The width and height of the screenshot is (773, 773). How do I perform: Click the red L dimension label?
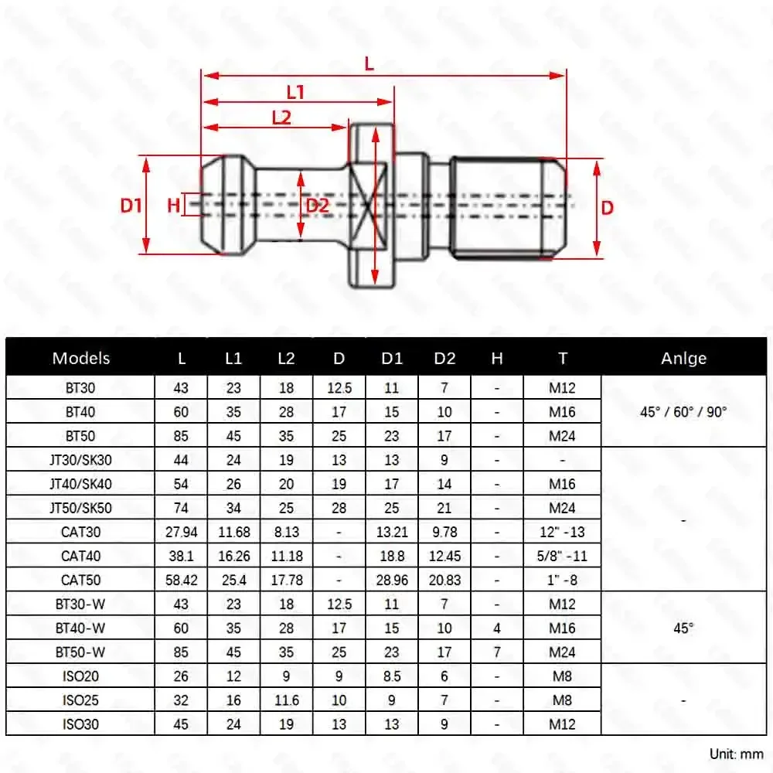[369, 65]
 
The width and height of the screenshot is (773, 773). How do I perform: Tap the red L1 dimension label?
[295, 92]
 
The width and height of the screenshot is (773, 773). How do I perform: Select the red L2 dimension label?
[281, 117]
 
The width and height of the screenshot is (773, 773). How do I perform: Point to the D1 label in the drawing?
[131, 205]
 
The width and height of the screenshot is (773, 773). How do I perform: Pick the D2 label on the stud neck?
[317, 206]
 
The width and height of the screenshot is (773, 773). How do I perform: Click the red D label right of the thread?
[608, 207]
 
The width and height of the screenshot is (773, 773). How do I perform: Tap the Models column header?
[81, 358]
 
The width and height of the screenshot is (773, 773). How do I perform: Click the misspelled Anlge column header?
[683, 358]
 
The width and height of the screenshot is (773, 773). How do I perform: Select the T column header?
[562, 358]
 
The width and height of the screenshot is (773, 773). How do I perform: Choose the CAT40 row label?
[81, 556]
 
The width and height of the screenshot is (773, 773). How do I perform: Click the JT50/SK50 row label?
[81, 508]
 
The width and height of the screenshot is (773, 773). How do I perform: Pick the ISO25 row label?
[81, 700]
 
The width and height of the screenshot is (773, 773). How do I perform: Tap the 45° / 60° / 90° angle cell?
[683, 412]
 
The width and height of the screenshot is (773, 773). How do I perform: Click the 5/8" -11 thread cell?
[562, 556]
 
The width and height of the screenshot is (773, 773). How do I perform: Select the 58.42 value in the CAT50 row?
[182, 580]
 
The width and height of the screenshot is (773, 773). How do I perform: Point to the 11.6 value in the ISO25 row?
[287, 700]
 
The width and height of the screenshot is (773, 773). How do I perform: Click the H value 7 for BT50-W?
[497, 652]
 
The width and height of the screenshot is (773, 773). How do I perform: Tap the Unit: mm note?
[736, 753]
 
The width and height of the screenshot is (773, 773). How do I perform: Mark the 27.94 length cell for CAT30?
[182, 532]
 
